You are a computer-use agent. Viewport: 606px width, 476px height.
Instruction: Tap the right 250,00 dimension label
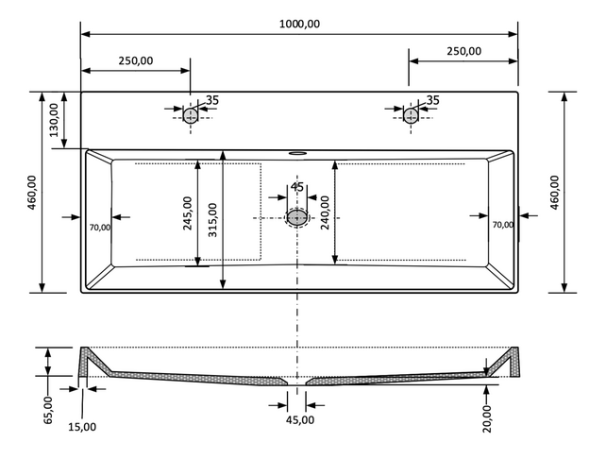[463, 51]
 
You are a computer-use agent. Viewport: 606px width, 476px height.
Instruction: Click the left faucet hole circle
[191, 115]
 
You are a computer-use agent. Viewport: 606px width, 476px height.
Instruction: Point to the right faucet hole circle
[411, 115]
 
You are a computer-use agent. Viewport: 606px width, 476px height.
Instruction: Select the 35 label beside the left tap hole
[211, 100]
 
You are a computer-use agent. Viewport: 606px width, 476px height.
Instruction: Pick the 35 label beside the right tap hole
[432, 100]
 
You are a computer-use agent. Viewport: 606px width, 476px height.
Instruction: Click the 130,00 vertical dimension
[54, 120]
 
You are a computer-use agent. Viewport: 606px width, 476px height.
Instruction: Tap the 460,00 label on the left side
[31, 194]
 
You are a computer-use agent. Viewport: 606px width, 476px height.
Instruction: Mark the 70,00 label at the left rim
[99, 227]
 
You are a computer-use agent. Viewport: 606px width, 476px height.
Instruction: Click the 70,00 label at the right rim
[502, 225]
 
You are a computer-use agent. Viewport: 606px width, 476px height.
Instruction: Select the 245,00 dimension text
[187, 213]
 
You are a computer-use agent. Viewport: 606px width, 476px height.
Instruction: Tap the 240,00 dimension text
[324, 213]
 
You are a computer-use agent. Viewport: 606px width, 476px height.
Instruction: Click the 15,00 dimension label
[82, 427]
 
